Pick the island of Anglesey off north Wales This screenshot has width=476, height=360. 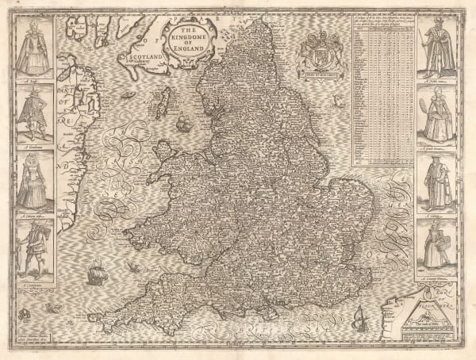[x=165, y=150]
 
